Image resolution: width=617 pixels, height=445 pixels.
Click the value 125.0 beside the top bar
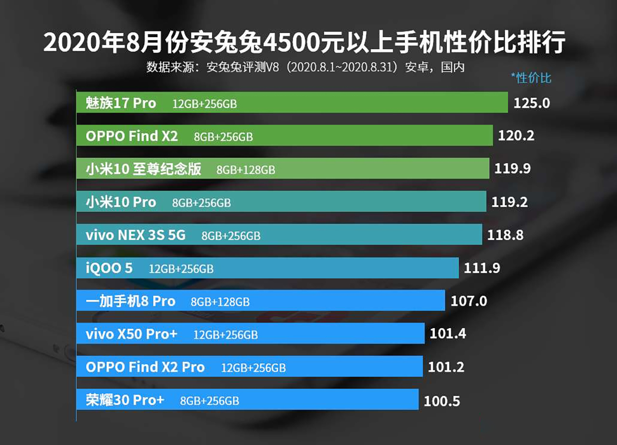[x=531, y=103]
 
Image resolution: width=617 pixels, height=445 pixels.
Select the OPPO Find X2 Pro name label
[x=145, y=367]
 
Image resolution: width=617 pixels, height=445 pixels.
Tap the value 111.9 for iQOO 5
[x=482, y=268]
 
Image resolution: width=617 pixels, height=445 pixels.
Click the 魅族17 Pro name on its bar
[x=121, y=103]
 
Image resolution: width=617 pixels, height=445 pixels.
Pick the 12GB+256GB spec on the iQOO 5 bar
[x=181, y=269]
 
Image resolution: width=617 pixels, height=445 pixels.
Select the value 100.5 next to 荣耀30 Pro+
[x=442, y=401]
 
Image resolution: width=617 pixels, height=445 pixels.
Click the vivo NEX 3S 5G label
[x=135, y=235]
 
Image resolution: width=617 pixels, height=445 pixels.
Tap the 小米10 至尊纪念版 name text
[x=143, y=169]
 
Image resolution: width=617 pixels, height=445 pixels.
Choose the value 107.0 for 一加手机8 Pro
[x=469, y=301]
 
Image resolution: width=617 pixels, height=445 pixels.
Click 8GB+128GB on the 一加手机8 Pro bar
[x=220, y=302]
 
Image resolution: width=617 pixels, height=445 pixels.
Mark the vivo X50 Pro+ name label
[x=132, y=334]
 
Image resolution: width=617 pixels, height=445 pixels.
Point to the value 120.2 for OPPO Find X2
[x=516, y=136]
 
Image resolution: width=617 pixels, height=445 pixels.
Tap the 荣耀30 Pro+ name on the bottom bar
[x=125, y=400]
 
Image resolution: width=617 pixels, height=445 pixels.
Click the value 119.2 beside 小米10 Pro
[x=510, y=202]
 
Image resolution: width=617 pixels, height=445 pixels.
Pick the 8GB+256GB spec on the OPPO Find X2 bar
[x=223, y=137]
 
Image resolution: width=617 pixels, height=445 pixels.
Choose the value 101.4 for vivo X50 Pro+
[x=447, y=334]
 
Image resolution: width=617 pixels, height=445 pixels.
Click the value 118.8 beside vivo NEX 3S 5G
[x=505, y=235]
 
